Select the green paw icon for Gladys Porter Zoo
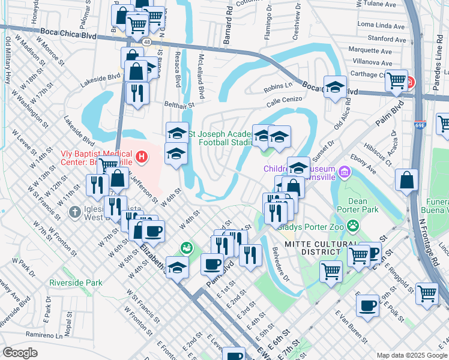tap(354, 227)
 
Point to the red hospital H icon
tap(142, 158)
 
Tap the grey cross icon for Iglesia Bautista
tap(74, 212)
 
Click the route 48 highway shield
tap(146, 41)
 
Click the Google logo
tap(20, 352)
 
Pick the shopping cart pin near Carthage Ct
tap(396, 81)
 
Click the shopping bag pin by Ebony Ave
tap(407, 179)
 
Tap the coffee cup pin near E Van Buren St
tap(367, 306)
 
